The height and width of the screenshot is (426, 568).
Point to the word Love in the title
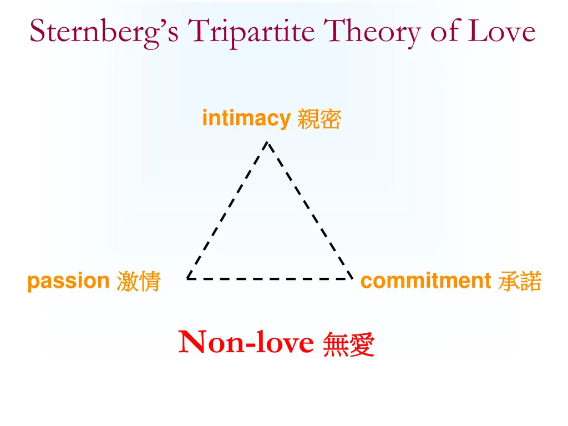pos(503,31)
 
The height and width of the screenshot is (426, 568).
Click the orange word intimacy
pos(246,119)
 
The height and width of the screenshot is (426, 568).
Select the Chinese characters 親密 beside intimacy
pos(319,119)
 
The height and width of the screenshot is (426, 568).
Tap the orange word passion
pos(68,282)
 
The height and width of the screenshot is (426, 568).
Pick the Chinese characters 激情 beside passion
pos(138,282)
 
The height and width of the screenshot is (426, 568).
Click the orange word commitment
pos(425,281)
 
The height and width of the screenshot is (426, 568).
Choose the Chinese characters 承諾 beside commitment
pos(520,281)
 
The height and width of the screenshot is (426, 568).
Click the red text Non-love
pos(246,342)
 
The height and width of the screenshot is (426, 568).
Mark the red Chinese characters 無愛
pos(348,344)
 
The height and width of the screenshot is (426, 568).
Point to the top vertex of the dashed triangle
pos(267,142)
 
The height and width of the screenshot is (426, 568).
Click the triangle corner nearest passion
pos(187,278)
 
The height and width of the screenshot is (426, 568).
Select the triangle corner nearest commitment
pos(352,278)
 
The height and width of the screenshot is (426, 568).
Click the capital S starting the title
pos(38,31)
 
